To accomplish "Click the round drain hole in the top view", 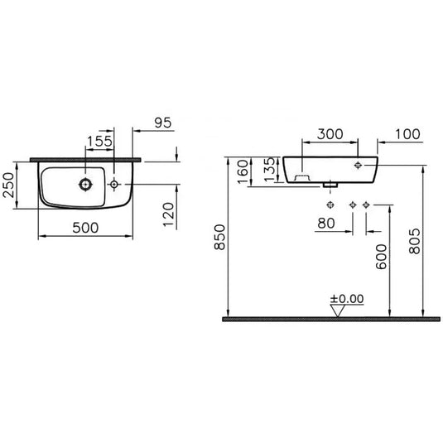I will coord(85,182).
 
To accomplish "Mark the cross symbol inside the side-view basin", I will coord(358,166).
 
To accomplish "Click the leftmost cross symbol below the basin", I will coord(330,204).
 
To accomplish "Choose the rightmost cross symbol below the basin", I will coord(366,204).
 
